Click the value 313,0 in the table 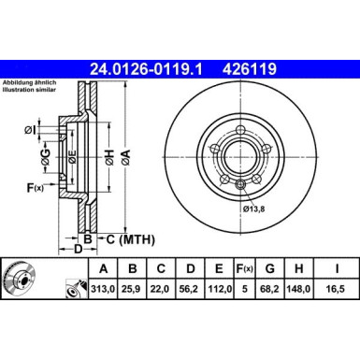(99, 288)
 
